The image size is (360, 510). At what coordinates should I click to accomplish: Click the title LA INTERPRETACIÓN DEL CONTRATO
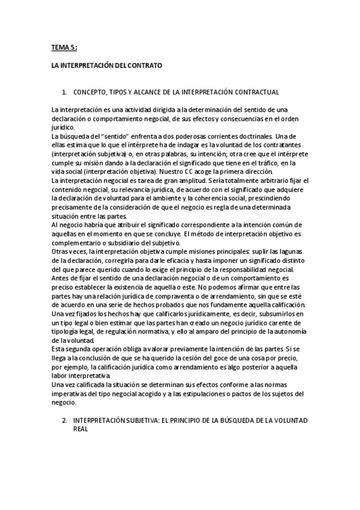(107, 65)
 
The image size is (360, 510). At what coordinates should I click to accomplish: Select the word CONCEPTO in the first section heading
(91, 93)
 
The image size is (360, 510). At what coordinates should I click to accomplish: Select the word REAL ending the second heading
(81, 430)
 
